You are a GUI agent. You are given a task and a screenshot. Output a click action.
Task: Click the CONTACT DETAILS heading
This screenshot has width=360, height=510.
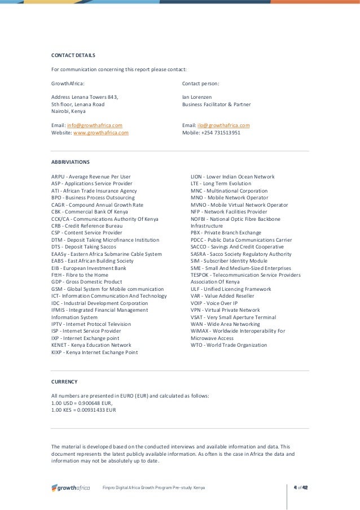pos(73,55)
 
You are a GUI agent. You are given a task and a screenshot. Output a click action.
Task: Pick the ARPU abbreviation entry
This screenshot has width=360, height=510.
pos(91,177)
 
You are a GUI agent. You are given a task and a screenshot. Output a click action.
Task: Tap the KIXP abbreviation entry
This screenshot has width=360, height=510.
pos(95,352)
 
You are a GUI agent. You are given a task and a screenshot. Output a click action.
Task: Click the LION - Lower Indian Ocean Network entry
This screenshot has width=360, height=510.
pos(232,177)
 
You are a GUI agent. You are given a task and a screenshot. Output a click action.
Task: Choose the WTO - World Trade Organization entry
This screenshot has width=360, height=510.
pos(229,345)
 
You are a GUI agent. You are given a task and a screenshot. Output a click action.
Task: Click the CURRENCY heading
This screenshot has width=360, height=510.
pos(64,381)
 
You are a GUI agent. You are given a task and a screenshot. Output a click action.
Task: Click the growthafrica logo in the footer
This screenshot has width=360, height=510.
pos(71,487)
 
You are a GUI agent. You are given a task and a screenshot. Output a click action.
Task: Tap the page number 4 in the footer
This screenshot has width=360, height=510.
pos(296,487)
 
